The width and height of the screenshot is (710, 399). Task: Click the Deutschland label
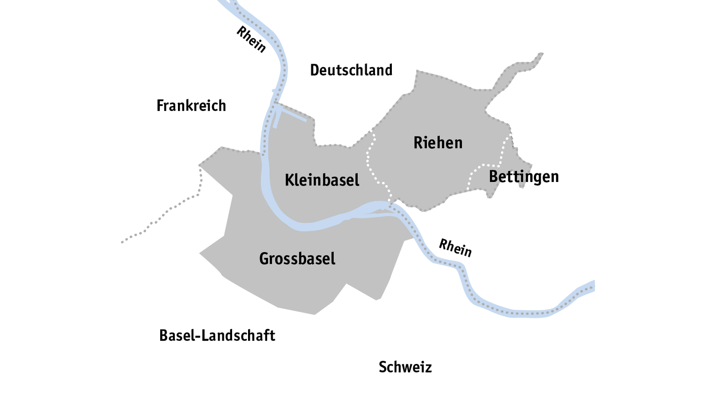(x=351, y=70)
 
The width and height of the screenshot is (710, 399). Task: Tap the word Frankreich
(x=191, y=106)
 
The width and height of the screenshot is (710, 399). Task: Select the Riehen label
(x=438, y=143)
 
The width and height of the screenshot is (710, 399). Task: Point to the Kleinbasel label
(x=322, y=180)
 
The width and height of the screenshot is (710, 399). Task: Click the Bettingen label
(x=523, y=177)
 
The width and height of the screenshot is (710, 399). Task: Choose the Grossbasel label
(x=297, y=259)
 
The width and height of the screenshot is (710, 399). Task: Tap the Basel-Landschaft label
(x=217, y=336)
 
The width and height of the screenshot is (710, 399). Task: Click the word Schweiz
(x=405, y=367)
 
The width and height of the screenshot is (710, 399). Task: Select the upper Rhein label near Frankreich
(x=251, y=40)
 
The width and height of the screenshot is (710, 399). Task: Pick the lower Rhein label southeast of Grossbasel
(x=455, y=248)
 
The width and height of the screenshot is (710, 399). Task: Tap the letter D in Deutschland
(x=314, y=70)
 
